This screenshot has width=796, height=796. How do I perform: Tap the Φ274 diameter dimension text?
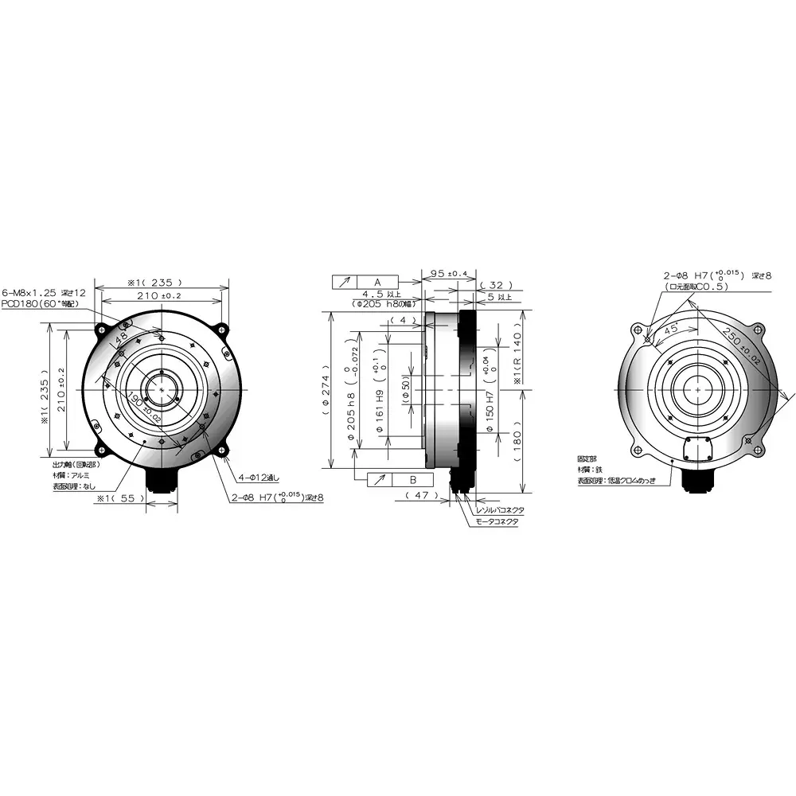[x=326, y=390]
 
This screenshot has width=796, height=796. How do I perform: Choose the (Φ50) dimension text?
[x=406, y=390]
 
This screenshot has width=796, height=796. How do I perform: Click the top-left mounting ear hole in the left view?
[x=101, y=327]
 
